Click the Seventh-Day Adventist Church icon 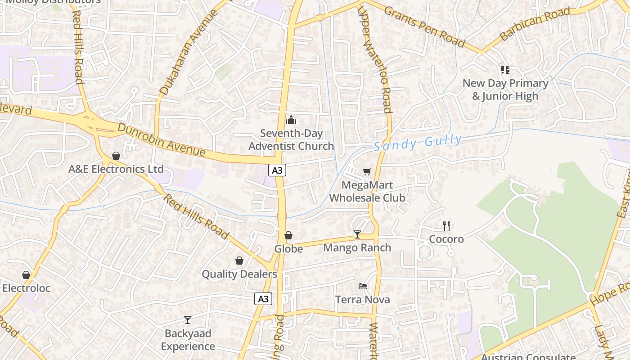(291, 120)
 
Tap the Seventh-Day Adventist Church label (291, 139)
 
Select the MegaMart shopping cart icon (367, 171)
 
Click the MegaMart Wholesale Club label (367, 191)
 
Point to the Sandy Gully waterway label (418, 143)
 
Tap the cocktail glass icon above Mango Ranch (357, 234)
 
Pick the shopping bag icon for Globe (288, 235)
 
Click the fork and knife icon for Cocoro (446, 225)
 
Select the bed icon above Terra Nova (363, 286)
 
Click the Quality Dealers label (239, 274)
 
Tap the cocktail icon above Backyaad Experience (188, 320)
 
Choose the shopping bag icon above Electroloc (26, 275)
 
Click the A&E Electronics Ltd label (116, 169)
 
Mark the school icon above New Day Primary (505, 69)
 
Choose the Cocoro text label (446, 239)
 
